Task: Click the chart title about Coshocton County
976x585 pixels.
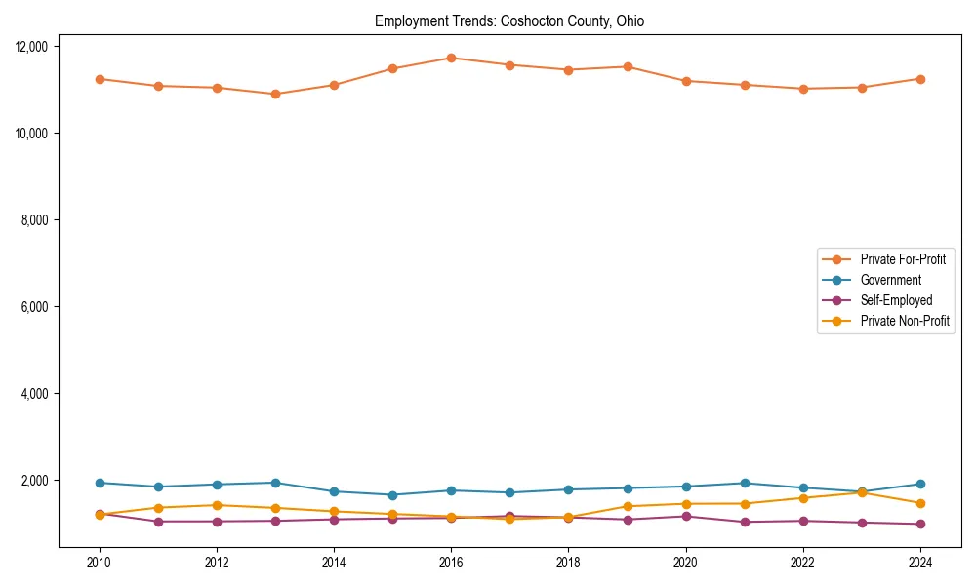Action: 509,21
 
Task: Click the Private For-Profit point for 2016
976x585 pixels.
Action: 451,58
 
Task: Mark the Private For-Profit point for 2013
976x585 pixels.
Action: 275,94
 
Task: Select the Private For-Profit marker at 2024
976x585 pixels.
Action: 920,79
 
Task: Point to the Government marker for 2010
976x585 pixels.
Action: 100,483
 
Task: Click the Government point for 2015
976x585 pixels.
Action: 392,495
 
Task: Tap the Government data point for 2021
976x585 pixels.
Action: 745,483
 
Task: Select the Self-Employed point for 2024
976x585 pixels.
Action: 920,525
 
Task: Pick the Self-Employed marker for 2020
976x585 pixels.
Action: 686,516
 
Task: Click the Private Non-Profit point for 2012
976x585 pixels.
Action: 217,505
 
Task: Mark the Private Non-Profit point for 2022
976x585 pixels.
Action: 803,498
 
